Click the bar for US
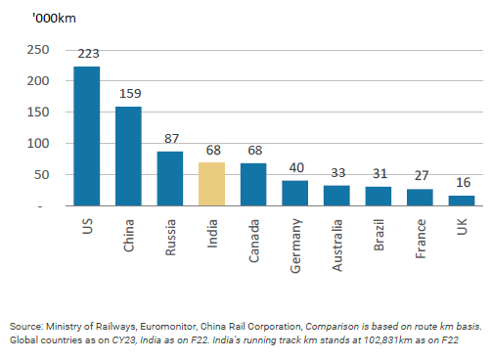(87, 136)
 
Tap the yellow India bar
(211, 184)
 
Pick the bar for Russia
(170, 179)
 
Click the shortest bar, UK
(462, 201)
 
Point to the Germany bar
(294, 194)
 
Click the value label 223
(87, 56)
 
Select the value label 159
(128, 96)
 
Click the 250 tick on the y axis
(36, 50)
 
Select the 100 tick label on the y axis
(36, 144)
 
